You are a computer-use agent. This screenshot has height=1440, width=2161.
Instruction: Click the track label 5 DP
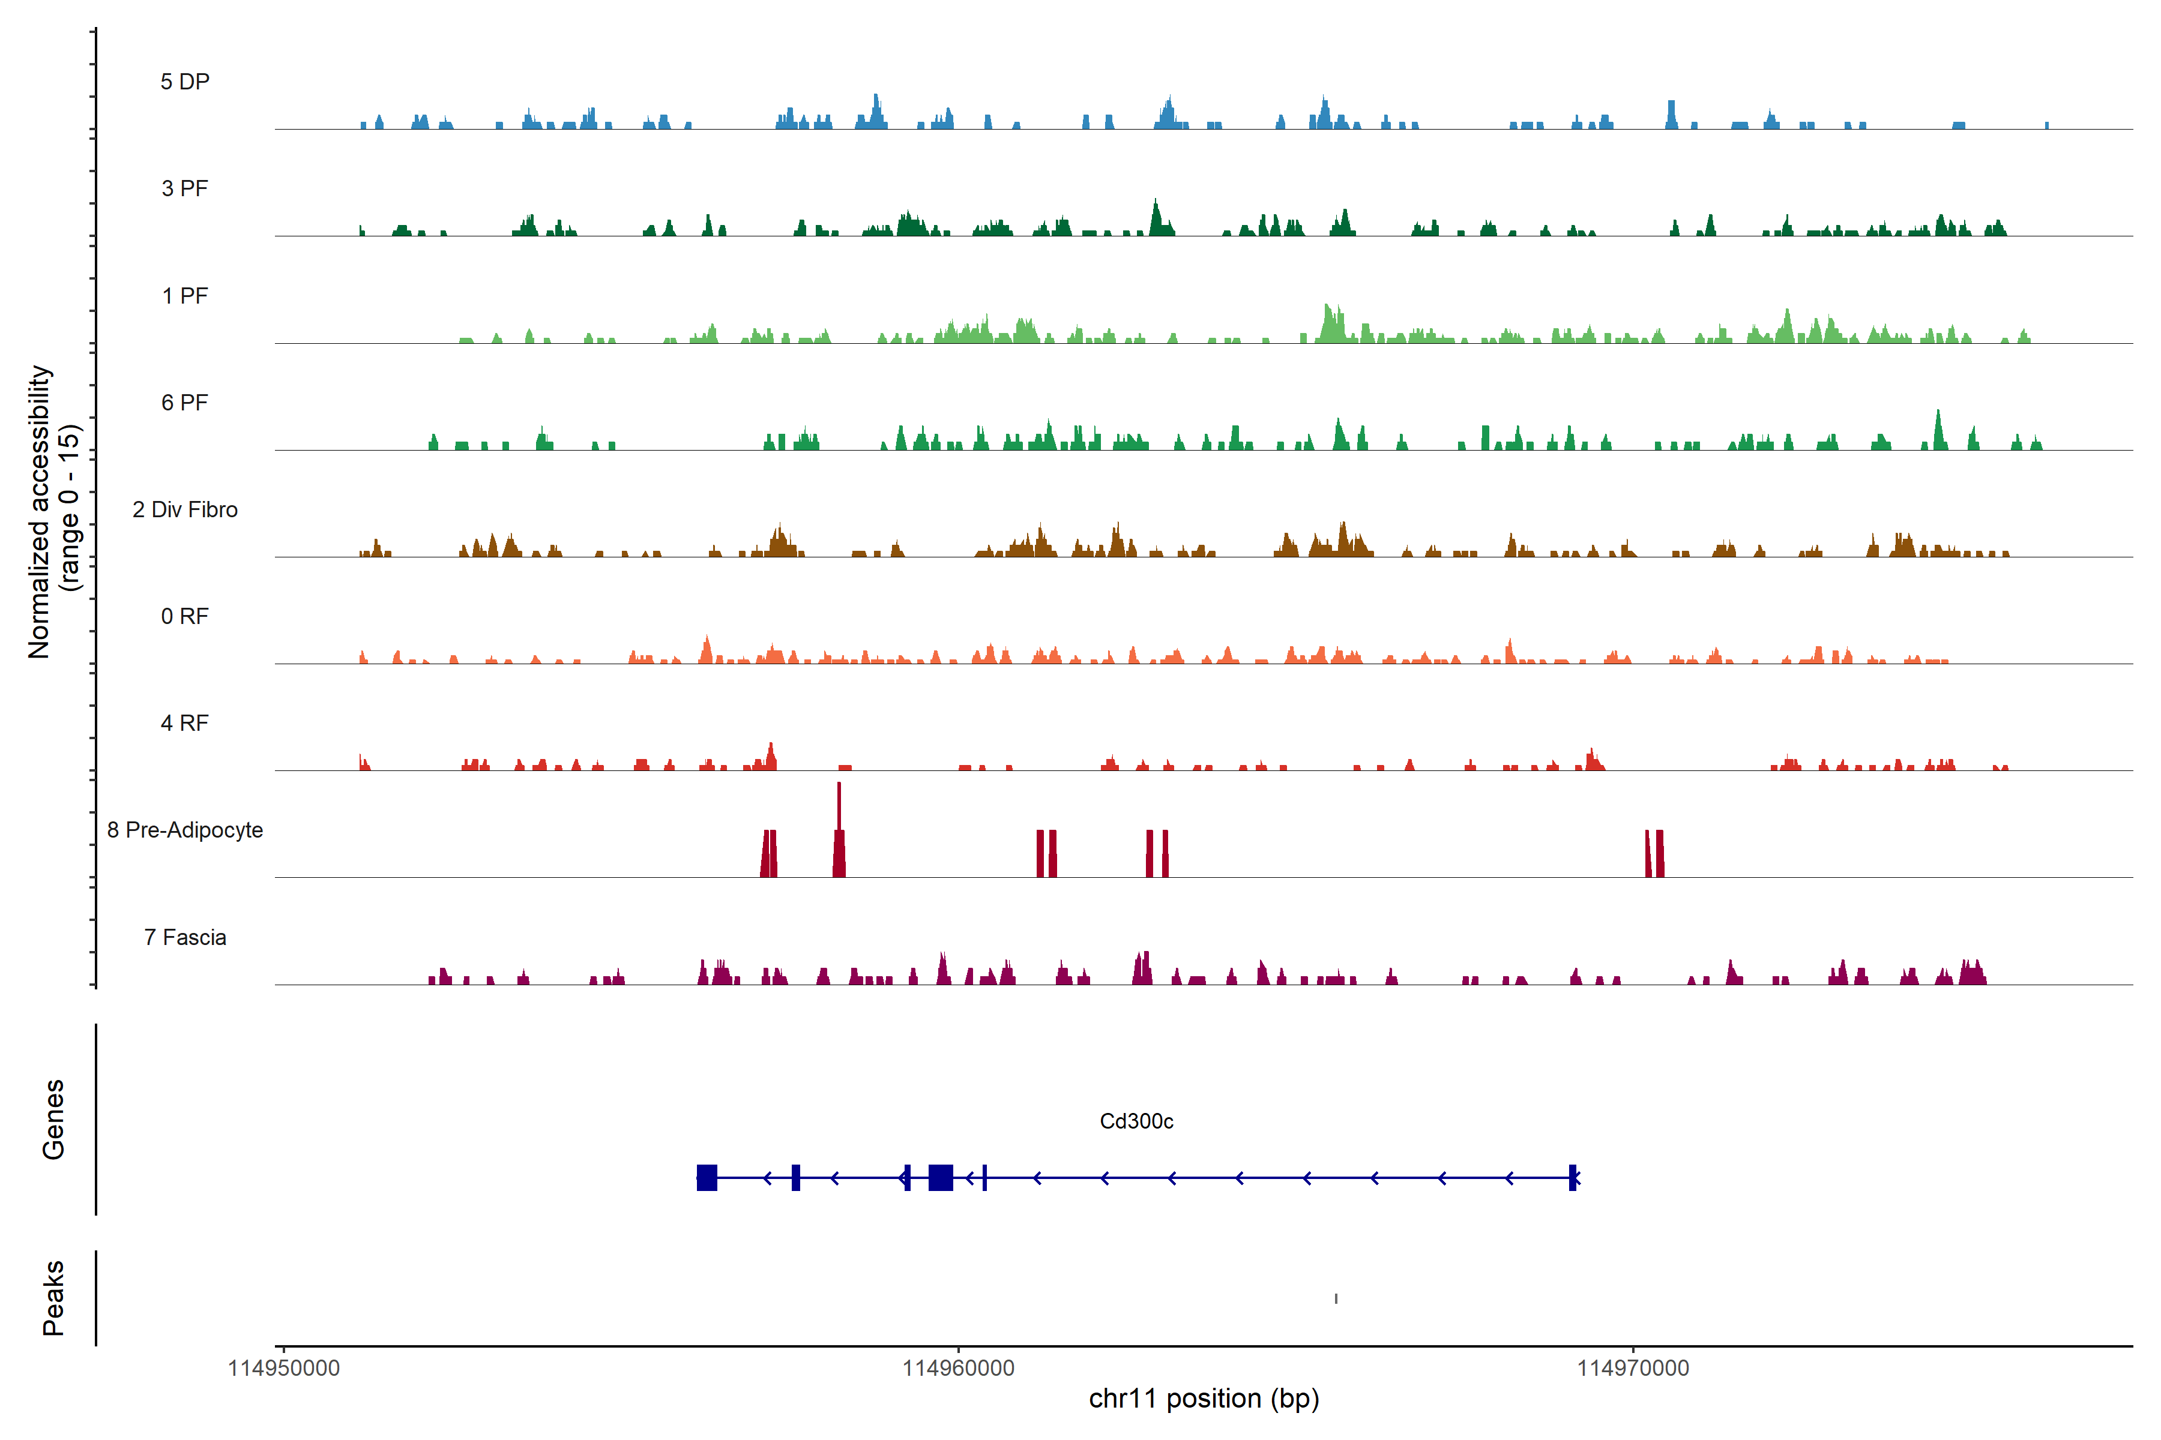[x=185, y=82]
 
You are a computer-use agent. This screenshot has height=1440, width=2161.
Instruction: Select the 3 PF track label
[x=185, y=188]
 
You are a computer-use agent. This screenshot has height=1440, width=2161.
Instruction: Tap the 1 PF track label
[x=185, y=296]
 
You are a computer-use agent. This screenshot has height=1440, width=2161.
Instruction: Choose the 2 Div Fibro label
[x=185, y=509]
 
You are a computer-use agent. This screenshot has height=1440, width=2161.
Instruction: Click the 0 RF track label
[x=185, y=616]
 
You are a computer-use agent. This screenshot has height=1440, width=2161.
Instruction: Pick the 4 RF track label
[x=185, y=723]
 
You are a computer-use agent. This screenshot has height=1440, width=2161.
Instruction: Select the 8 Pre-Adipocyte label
[x=185, y=830]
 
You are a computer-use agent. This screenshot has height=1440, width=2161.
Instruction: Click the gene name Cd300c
[x=1136, y=1121]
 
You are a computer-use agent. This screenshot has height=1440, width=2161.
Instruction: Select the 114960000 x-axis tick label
[x=958, y=1369]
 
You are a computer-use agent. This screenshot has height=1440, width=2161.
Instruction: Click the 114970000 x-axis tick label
[x=1633, y=1369]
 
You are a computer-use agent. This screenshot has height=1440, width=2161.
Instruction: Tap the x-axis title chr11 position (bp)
[x=1204, y=1399]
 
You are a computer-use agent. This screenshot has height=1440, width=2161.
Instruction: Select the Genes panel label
[x=53, y=1120]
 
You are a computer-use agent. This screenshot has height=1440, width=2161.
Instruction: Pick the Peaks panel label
[x=53, y=1298]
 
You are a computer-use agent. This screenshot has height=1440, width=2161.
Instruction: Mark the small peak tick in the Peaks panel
[x=1336, y=1298]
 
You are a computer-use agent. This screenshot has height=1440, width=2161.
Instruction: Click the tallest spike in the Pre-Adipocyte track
[x=839, y=808]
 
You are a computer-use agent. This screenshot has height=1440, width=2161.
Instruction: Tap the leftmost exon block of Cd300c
[x=707, y=1177]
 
